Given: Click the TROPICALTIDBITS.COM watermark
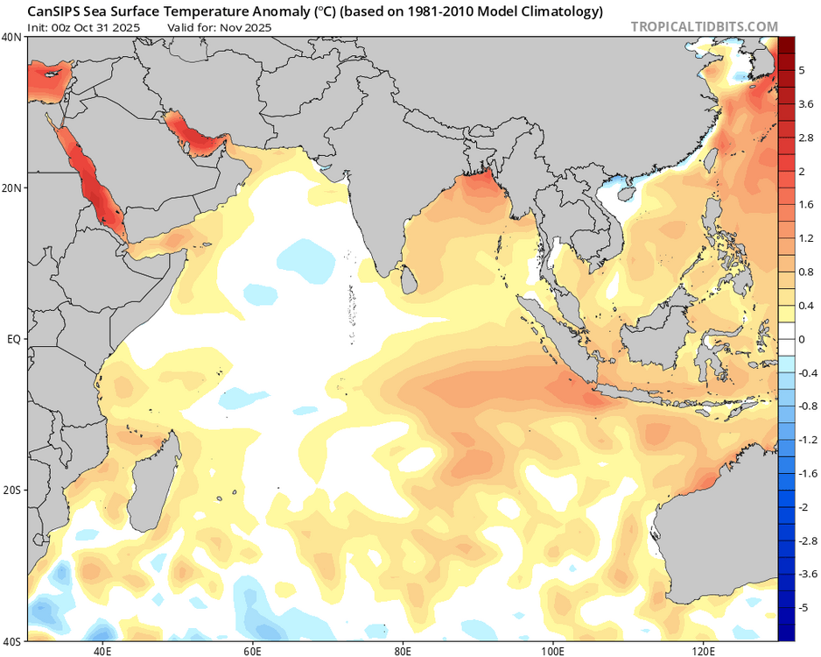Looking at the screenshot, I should (704, 26).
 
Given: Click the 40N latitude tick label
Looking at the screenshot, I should (13, 38).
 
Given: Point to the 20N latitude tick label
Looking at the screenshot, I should (13, 187).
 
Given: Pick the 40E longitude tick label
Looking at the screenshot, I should (102, 650).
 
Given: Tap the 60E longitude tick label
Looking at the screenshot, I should (253, 650).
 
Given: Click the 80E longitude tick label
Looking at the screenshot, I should (403, 650).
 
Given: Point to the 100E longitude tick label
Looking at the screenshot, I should (553, 650).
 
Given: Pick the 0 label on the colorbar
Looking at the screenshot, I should (802, 339).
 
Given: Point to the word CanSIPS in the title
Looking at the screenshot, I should (54, 11).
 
